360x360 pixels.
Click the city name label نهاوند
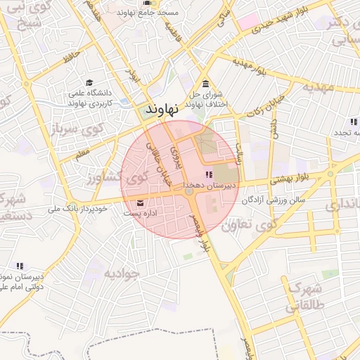point(162,110)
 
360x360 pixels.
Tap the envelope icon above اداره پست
point(141,203)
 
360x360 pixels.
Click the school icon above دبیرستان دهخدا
point(207,174)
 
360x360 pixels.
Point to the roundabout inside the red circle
point(188,191)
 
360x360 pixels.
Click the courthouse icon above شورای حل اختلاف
point(205,84)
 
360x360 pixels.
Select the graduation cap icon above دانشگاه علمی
point(89,82)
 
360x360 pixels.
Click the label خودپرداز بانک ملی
point(77,209)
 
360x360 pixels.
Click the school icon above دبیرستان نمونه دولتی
point(20,266)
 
